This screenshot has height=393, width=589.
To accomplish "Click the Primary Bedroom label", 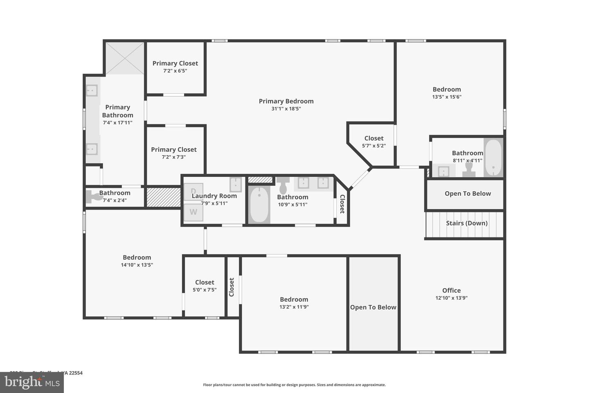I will click(x=286, y=101).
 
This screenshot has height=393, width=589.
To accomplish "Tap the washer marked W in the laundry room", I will click(x=193, y=212).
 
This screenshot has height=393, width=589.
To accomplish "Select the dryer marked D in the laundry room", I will click(x=193, y=191).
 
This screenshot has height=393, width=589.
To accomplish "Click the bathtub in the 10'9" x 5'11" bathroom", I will click(x=259, y=204).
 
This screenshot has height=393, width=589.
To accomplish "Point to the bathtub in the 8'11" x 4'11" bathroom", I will click(x=493, y=158).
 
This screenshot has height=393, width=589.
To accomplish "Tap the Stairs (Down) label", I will click(x=466, y=223).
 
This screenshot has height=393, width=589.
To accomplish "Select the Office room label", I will click(x=451, y=290).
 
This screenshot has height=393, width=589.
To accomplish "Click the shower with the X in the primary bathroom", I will click(x=125, y=58).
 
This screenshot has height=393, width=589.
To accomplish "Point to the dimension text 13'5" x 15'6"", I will click(x=447, y=97).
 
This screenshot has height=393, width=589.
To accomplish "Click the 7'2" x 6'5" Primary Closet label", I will click(x=175, y=63).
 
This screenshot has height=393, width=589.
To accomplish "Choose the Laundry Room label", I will click(x=214, y=196).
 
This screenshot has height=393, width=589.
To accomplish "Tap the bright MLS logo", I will click(x=31, y=382).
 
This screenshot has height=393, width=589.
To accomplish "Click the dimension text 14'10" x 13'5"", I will click(x=137, y=265).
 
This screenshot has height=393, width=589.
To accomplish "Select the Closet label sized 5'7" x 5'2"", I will click(x=374, y=138).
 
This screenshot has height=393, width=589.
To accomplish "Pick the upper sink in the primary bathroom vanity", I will click(x=92, y=90).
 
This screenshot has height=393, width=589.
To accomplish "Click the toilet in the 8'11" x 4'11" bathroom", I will click(x=469, y=169).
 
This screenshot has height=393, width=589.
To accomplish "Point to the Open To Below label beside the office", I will click(x=373, y=307).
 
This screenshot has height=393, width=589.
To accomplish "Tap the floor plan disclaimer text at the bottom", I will click(x=294, y=385).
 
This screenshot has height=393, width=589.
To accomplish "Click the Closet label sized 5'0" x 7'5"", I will click(x=205, y=282).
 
